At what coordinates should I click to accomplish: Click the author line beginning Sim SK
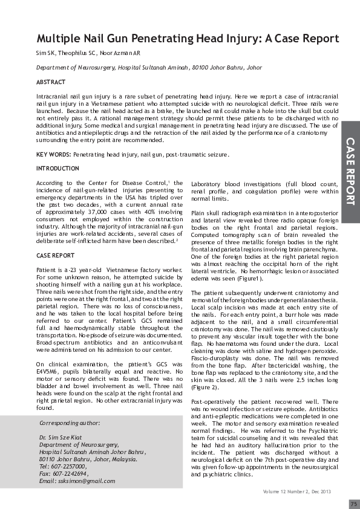click(x=88, y=53)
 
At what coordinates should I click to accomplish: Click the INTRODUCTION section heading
click(x=57, y=168)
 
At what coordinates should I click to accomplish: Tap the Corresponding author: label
click(x=70, y=423)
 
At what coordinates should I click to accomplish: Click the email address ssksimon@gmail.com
click(x=85, y=480)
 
